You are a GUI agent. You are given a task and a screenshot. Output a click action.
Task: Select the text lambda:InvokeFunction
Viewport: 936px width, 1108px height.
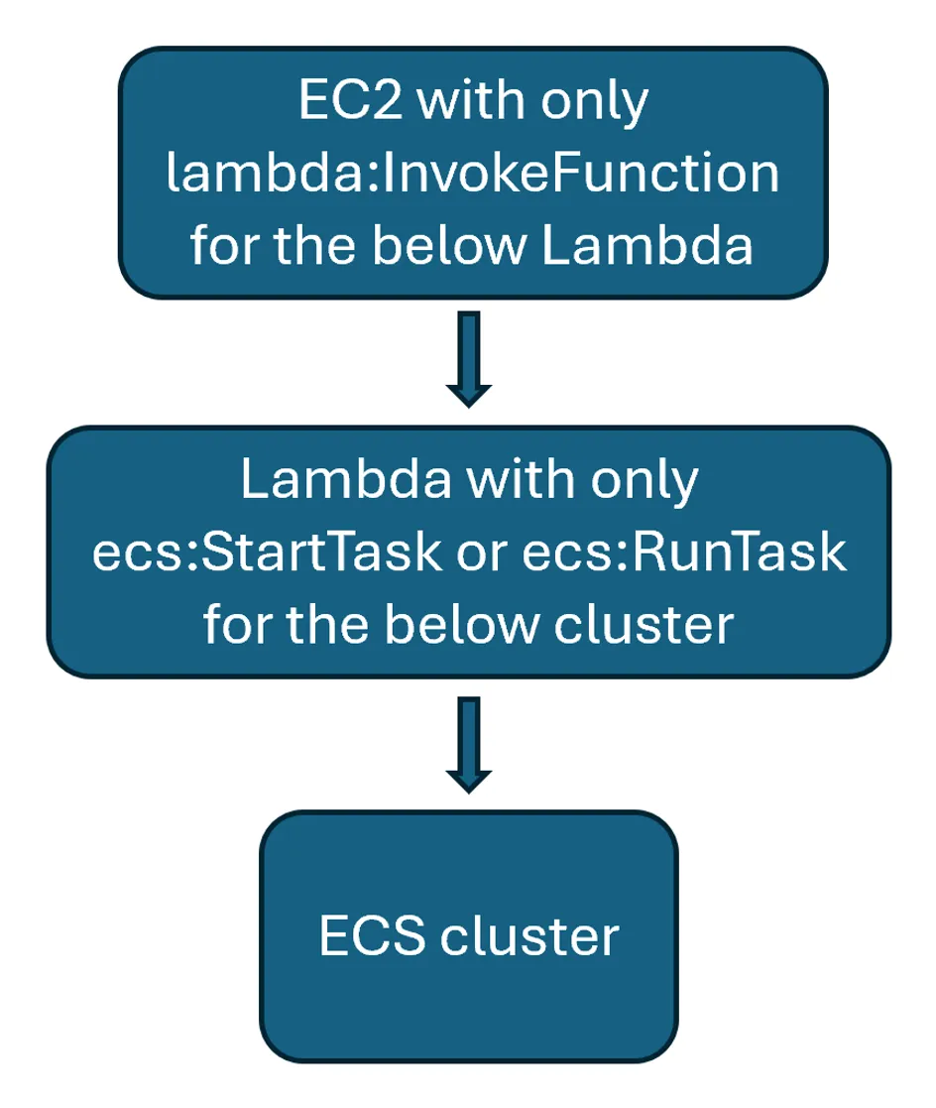473,175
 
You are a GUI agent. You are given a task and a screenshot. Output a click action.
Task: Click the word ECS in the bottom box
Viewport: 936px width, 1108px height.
374,935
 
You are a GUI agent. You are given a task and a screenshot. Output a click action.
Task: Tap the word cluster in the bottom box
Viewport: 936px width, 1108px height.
530,935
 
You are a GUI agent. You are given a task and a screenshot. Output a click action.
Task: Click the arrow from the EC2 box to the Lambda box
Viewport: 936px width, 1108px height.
468,359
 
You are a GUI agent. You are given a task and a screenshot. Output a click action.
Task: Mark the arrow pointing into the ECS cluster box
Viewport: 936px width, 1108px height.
468,744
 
